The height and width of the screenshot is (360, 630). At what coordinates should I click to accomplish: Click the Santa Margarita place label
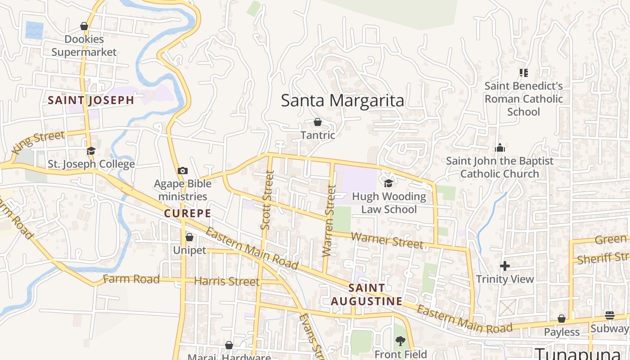342,100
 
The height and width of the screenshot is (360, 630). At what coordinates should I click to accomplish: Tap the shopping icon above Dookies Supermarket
84,26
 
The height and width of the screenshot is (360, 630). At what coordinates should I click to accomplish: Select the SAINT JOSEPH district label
91,100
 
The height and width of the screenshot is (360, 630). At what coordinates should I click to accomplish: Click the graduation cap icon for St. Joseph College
91,151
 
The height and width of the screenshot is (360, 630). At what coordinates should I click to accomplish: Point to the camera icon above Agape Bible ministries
182,171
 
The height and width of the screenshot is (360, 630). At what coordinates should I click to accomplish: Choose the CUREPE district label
187,213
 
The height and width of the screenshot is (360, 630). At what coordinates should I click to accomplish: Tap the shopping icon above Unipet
189,237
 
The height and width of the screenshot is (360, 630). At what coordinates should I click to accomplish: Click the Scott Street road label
267,200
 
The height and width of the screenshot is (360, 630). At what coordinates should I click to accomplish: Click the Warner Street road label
387,240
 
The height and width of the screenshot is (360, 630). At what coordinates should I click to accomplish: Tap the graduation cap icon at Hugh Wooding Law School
388,183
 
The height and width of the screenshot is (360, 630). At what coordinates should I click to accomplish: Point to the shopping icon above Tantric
318,122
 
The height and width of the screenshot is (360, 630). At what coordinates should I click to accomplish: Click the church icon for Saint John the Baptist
499,148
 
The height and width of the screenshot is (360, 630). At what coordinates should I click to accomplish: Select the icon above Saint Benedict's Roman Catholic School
523,72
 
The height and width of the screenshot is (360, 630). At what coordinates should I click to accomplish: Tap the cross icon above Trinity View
505,266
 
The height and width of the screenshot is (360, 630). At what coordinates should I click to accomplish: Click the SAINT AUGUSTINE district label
367,294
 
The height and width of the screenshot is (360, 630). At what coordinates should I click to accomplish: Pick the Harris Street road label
227,282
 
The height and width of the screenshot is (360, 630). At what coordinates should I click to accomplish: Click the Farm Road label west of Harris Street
131,279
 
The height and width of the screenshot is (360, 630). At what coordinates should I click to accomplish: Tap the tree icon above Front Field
400,341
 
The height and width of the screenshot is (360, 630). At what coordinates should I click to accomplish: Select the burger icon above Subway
610,315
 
